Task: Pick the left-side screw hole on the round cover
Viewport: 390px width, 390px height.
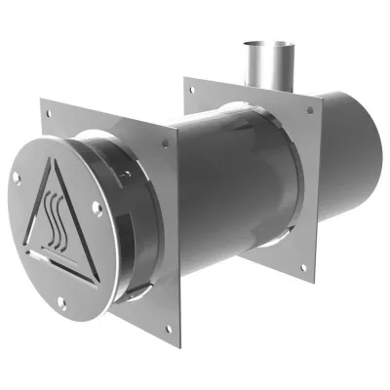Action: (16, 175)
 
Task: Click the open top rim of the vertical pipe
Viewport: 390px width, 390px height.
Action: (257, 44)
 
